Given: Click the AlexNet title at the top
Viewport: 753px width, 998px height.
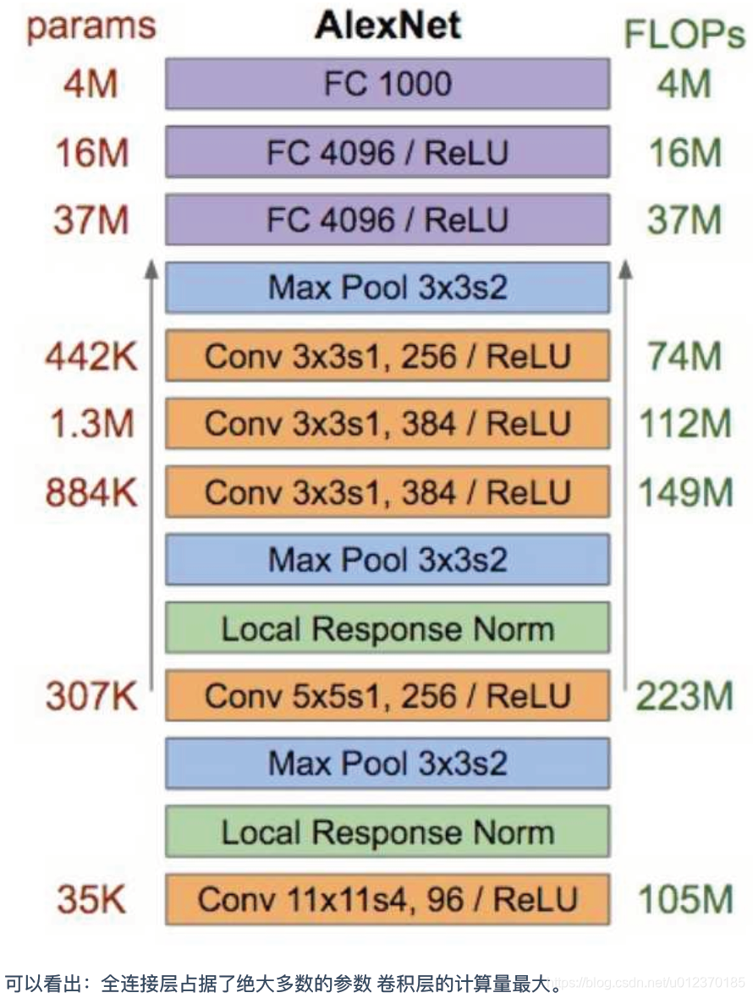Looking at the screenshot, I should click(x=388, y=26).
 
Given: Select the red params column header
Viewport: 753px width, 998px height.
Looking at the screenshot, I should click(x=91, y=27).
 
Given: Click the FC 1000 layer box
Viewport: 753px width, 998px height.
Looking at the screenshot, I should click(x=387, y=84).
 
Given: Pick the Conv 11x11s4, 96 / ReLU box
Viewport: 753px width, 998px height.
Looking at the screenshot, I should click(x=387, y=898).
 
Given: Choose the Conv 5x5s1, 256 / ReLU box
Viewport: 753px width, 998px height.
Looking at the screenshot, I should click(x=387, y=695).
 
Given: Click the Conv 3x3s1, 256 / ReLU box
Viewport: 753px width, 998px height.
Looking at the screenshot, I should click(x=387, y=356).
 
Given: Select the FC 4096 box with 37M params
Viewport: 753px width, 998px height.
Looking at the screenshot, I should click(x=387, y=220).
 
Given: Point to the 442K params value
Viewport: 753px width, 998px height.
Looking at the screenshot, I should click(x=91, y=357).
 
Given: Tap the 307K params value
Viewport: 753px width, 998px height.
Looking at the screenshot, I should click(x=91, y=697).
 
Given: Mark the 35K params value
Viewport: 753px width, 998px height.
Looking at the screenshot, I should click(x=91, y=899).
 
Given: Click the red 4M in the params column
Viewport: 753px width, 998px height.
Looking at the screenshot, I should click(x=91, y=85).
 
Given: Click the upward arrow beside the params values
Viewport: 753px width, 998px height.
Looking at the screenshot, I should click(x=151, y=474).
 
